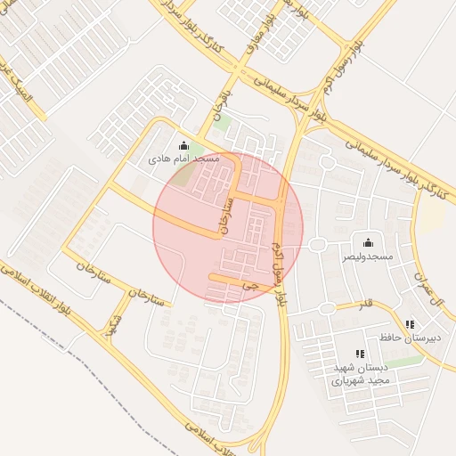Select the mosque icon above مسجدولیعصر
coord(368,243)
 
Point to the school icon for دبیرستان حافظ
coord(409,325)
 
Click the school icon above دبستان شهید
coord(359,354)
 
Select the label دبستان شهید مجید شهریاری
coord(350,373)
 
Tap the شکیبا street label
coord(114,324)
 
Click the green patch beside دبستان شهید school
coord(405,361)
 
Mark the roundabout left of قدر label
coord(328,308)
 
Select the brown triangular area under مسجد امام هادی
coord(183,175)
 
